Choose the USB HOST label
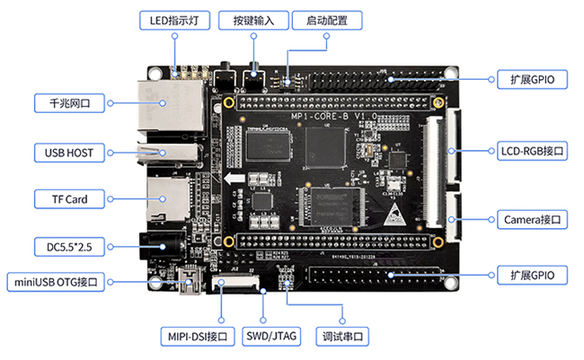pyautogui.click(x=68, y=151)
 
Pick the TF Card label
pyautogui.click(x=69, y=198)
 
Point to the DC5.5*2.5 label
pyautogui.click(x=68, y=245)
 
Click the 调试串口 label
pyautogui.click(x=345, y=337)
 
